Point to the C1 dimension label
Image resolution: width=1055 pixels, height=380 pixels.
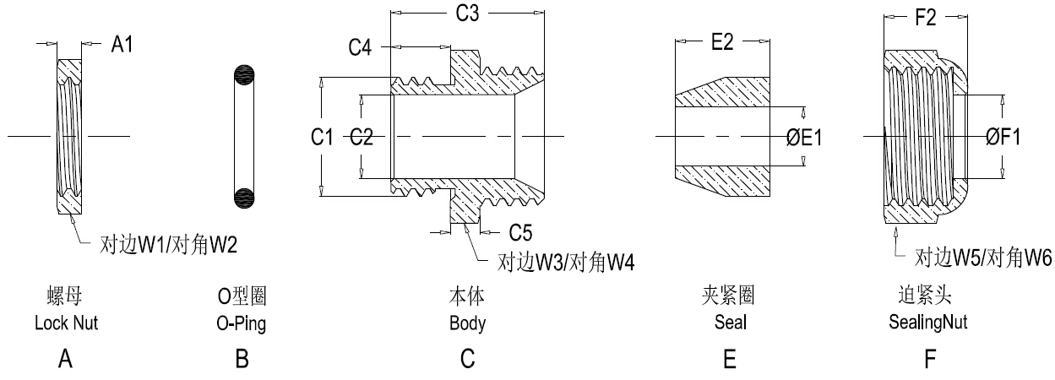[321, 138]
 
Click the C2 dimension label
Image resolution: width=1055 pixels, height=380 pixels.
[362, 138]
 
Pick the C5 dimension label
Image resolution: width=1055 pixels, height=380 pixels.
[520, 231]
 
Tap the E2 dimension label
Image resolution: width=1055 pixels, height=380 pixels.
[721, 43]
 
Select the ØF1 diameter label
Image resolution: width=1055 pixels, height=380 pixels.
[1003, 138]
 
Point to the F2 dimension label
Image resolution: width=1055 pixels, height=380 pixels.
[926, 18]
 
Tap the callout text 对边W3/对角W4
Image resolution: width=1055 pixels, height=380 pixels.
[564, 263]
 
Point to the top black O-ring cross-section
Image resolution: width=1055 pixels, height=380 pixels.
[242, 74]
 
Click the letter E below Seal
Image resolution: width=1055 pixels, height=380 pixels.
[730, 360]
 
